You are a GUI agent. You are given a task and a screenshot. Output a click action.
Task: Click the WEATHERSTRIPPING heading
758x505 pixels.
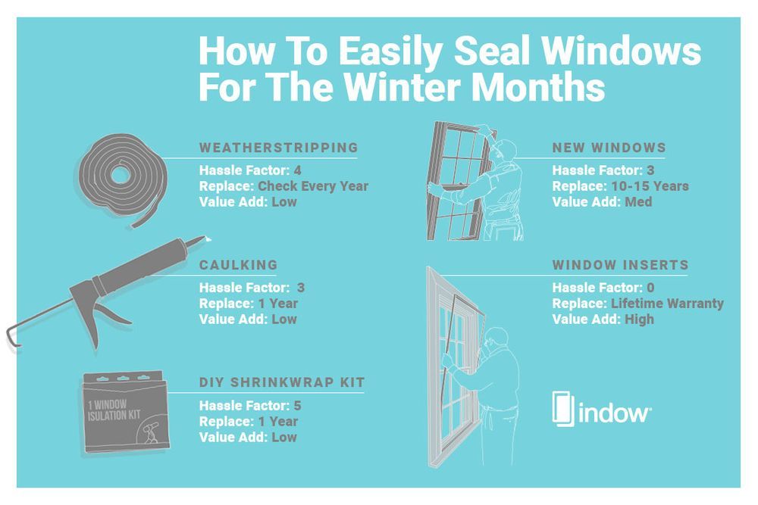coord(278,147)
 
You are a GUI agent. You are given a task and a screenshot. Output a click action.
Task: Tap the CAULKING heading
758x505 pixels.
coord(238,265)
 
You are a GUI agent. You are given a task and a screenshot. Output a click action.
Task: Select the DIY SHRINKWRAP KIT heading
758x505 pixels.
coord(281,383)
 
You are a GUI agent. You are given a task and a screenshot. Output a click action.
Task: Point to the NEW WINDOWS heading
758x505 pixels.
coord(609,147)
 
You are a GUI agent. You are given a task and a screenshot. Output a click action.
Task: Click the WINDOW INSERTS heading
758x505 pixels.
coord(620,265)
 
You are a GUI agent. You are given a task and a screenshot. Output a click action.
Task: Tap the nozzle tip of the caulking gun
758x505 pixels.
coord(204,240)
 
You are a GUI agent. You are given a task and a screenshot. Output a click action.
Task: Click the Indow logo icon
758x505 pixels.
coord(562,410)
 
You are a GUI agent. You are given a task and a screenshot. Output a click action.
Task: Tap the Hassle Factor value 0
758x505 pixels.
coord(649,288)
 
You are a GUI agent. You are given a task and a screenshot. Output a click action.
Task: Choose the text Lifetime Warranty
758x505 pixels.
coord(667,304)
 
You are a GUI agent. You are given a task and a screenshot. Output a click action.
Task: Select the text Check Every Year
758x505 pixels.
coord(313,185)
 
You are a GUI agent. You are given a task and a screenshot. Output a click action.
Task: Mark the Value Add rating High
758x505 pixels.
coord(639,320)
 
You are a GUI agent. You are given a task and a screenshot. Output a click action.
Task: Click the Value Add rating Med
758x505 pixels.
coord(638,201)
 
